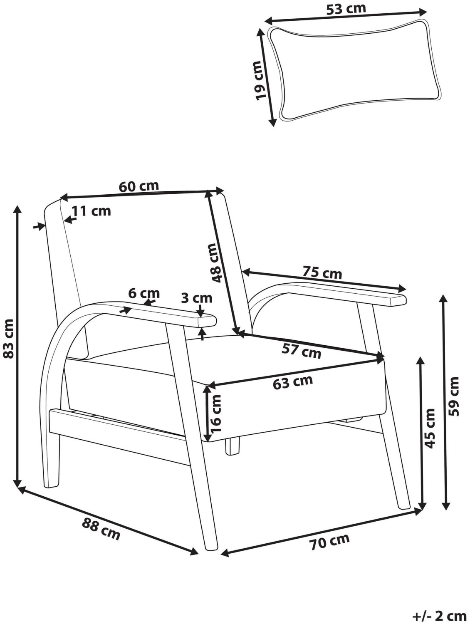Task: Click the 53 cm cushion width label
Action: point(346,9)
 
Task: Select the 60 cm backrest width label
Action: point(139,186)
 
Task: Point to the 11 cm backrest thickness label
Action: point(91,211)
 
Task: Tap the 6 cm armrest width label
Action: point(144,293)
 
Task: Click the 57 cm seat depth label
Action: point(301,352)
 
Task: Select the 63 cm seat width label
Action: point(292,382)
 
